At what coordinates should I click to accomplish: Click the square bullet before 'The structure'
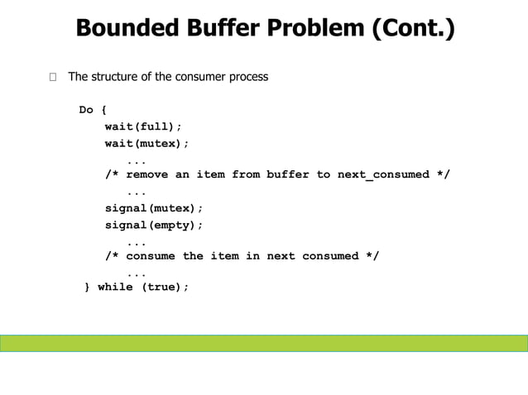(53, 78)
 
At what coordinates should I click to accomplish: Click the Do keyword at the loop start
(86, 110)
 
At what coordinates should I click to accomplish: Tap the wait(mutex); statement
(146, 143)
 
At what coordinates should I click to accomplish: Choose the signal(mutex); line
(153, 207)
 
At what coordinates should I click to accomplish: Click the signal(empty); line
(153, 224)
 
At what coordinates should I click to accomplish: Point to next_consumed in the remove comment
(383, 174)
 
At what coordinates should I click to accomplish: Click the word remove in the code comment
(146, 174)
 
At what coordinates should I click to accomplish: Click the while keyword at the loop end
(115, 288)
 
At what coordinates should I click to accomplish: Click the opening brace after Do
(104, 110)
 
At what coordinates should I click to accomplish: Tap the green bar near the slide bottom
(264, 343)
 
